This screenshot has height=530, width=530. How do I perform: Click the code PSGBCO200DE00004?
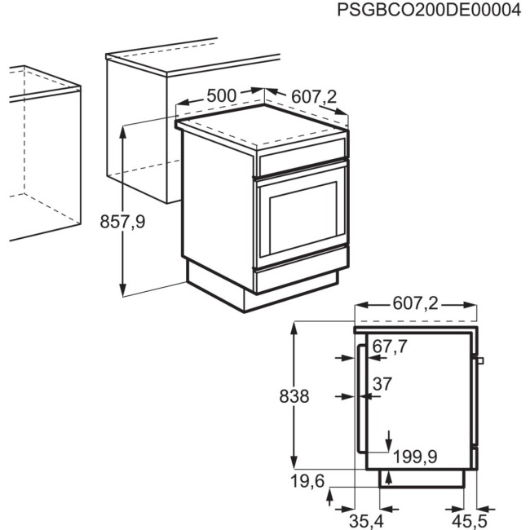click(428, 12)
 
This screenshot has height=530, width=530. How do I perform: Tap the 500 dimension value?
click(221, 95)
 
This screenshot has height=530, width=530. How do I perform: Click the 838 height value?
click(294, 397)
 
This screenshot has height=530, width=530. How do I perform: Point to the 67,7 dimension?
click(390, 347)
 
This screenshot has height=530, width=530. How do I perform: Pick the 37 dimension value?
click(383, 384)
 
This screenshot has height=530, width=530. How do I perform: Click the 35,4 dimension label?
click(367, 519)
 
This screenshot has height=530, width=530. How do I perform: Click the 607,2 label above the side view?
click(416, 304)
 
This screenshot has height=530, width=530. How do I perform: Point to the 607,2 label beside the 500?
click(314, 97)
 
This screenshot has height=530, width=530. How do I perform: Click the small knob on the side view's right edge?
click(480, 360)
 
